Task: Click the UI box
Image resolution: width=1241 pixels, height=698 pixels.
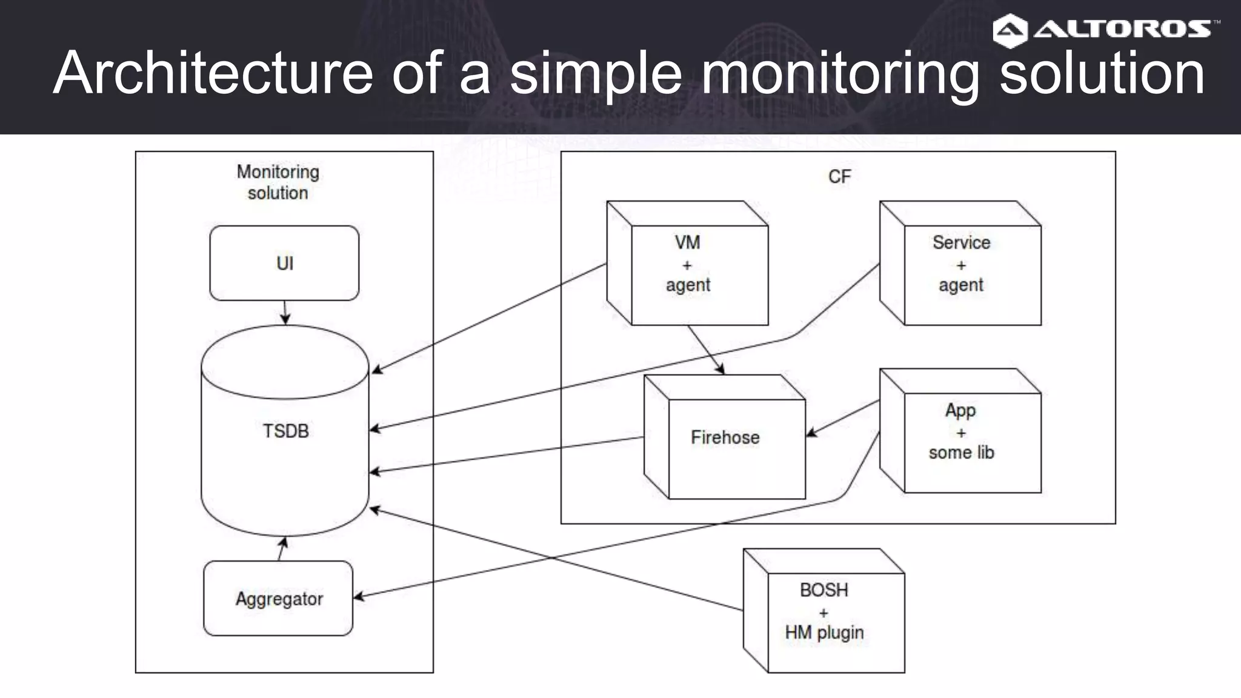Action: [284, 263]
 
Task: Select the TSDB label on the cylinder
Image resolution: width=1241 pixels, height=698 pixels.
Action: [285, 431]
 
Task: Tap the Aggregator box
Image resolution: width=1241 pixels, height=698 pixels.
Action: [278, 599]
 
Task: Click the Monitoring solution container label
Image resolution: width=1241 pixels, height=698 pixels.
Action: [278, 182]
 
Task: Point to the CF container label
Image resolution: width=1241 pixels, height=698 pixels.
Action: [839, 177]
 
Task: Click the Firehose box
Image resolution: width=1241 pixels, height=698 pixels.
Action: [725, 437]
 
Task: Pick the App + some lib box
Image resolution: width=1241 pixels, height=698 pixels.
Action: [961, 431]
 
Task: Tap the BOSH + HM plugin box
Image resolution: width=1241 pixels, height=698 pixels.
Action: [824, 611]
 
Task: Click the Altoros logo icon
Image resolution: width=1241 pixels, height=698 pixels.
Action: [1010, 30]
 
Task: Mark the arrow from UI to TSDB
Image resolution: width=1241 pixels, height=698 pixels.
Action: [285, 312]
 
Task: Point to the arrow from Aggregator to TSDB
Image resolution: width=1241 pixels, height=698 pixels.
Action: [281, 548]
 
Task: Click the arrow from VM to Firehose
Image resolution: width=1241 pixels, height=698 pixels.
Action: [706, 350]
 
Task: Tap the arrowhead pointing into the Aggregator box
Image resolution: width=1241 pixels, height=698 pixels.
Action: [359, 597]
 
